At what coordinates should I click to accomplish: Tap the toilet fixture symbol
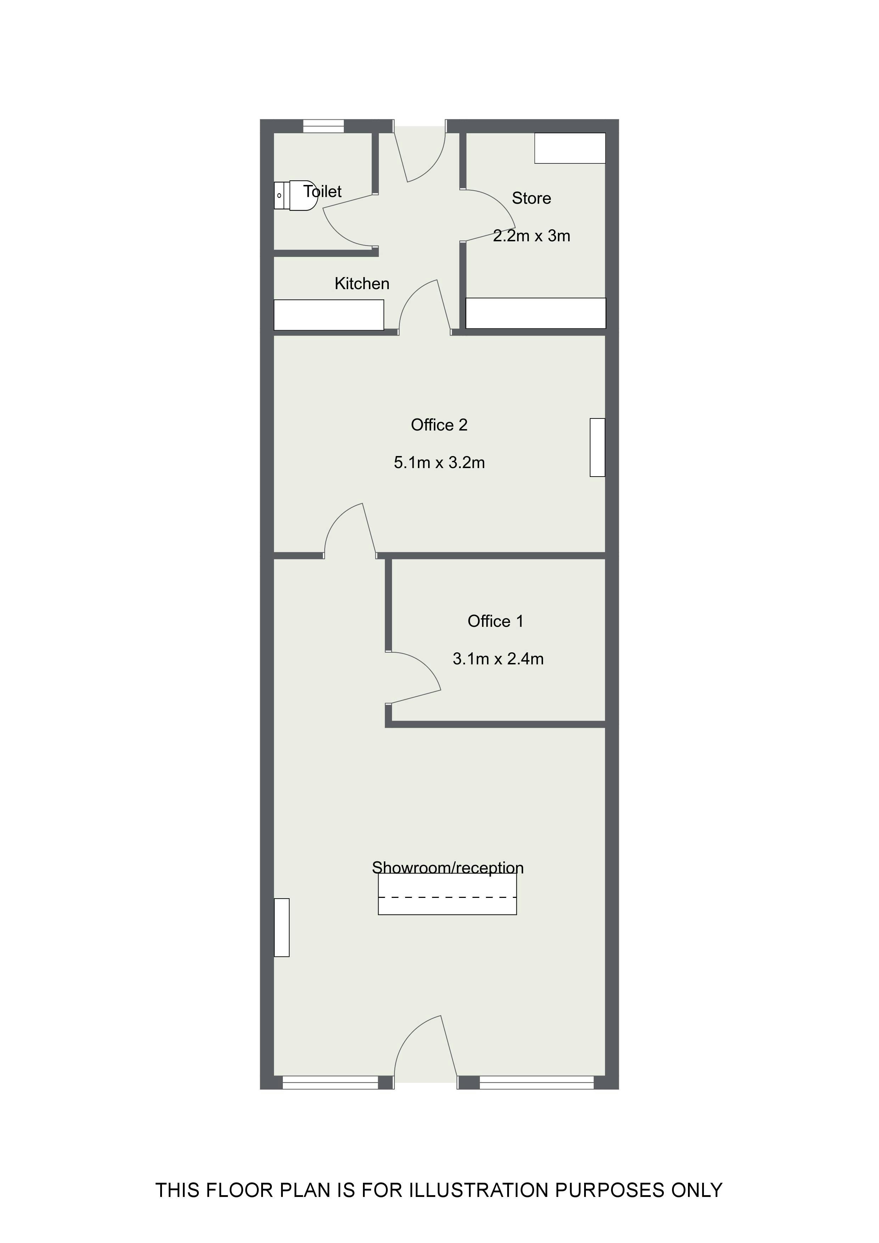296,196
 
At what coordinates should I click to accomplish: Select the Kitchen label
362,284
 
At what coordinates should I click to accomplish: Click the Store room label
531,198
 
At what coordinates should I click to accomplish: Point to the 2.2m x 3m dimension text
531,236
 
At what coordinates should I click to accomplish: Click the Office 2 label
439,425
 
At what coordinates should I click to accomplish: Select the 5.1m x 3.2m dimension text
439,463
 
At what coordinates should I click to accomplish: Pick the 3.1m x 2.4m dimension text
498,659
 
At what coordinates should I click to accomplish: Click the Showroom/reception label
447,867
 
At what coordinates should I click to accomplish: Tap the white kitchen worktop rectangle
329,315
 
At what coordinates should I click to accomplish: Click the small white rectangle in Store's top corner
570,148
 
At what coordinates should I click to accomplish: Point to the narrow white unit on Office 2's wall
597,448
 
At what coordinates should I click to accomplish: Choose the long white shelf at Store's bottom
536,313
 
